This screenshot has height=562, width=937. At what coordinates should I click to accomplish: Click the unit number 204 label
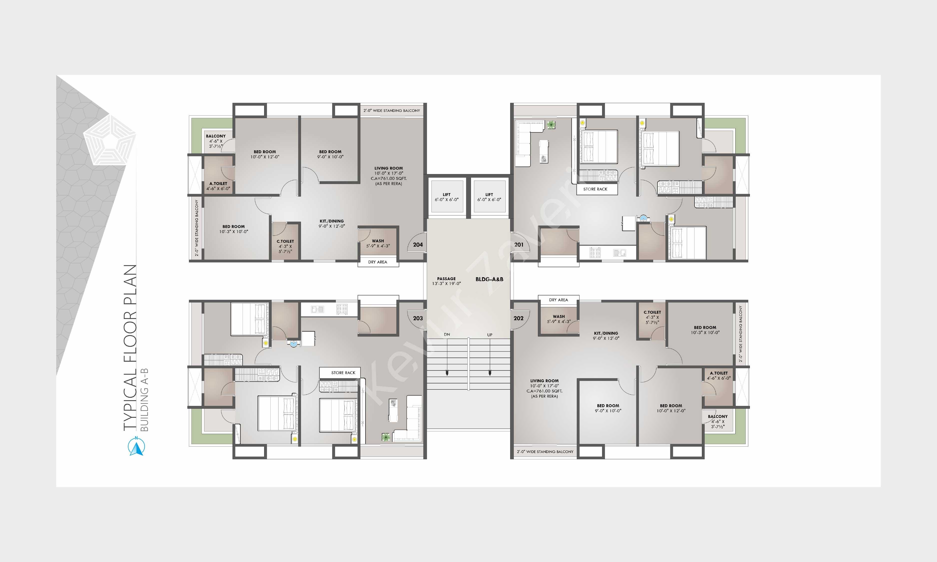click(x=418, y=245)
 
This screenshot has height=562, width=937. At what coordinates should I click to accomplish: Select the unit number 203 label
click(x=418, y=318)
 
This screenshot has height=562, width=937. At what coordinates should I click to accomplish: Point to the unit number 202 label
click(x=518, y=318)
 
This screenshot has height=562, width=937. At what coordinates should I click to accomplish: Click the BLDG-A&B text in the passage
click(x=489, y=279)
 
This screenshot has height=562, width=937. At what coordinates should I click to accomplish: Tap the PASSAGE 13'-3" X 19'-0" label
click(x=447, y=281)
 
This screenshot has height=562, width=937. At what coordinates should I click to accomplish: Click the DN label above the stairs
click(x=447, y=334)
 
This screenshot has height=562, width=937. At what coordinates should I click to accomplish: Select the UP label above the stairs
click(x=490, y=335)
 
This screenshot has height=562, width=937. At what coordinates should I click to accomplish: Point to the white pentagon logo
click(x=110, y=140)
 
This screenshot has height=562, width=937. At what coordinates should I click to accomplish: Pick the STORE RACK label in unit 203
click(x=343, y=373)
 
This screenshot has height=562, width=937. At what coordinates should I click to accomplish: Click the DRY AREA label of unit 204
click(x=378, y=262)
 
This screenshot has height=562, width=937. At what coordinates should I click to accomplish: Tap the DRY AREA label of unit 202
click(x=559, y=300)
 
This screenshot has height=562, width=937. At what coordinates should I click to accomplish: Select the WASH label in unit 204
click(x=378, y=241)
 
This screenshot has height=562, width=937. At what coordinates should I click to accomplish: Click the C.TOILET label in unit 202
click(x=652, y=312)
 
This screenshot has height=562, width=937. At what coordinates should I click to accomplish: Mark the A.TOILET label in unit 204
click(x=218, y=184)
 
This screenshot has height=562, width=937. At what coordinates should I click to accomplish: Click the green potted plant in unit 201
click(x=551, y=125)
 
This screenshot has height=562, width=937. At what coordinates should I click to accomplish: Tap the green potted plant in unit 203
click(x=386, y=437)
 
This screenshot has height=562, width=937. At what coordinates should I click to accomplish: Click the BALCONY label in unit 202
click(x=718, y=417)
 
